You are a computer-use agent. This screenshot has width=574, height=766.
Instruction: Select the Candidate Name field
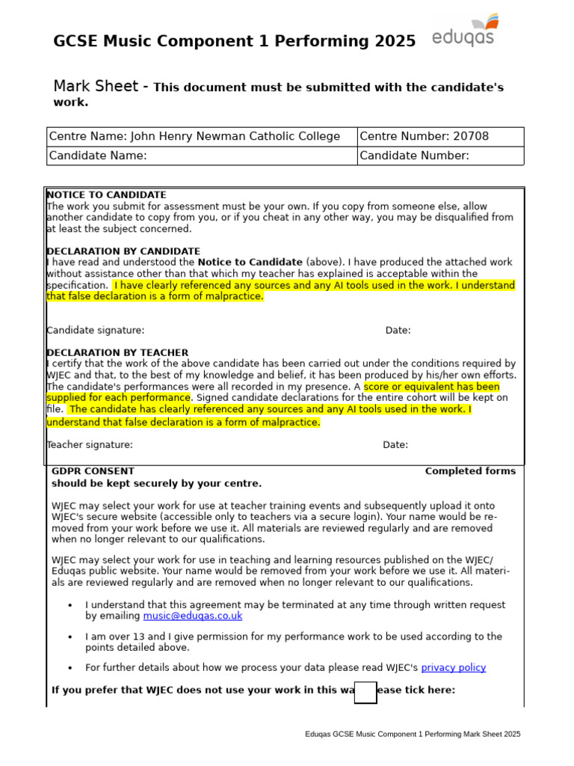239,156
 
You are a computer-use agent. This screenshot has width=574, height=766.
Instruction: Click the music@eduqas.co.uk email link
193,616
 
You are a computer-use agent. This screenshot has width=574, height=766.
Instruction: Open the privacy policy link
453,667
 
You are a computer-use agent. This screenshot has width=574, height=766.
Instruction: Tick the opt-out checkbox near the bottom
365,692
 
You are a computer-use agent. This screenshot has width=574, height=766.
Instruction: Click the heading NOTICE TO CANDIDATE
107,194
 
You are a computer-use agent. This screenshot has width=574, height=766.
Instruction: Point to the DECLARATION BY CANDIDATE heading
123,251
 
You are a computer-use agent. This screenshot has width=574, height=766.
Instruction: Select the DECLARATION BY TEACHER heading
117,352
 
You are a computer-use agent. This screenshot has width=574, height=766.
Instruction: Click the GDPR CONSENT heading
93,471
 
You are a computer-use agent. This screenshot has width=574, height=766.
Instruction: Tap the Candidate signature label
96,331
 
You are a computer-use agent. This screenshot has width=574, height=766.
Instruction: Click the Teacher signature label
90,444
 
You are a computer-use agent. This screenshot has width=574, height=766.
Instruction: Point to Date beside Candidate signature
398,331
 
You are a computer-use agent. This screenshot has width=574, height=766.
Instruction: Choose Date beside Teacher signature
395,444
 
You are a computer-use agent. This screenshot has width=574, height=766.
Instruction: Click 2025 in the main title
393,42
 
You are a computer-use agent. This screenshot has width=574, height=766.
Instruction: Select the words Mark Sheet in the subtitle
96,87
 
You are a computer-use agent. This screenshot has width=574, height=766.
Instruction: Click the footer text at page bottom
413,734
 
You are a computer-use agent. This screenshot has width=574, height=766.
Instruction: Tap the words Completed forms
470,471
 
